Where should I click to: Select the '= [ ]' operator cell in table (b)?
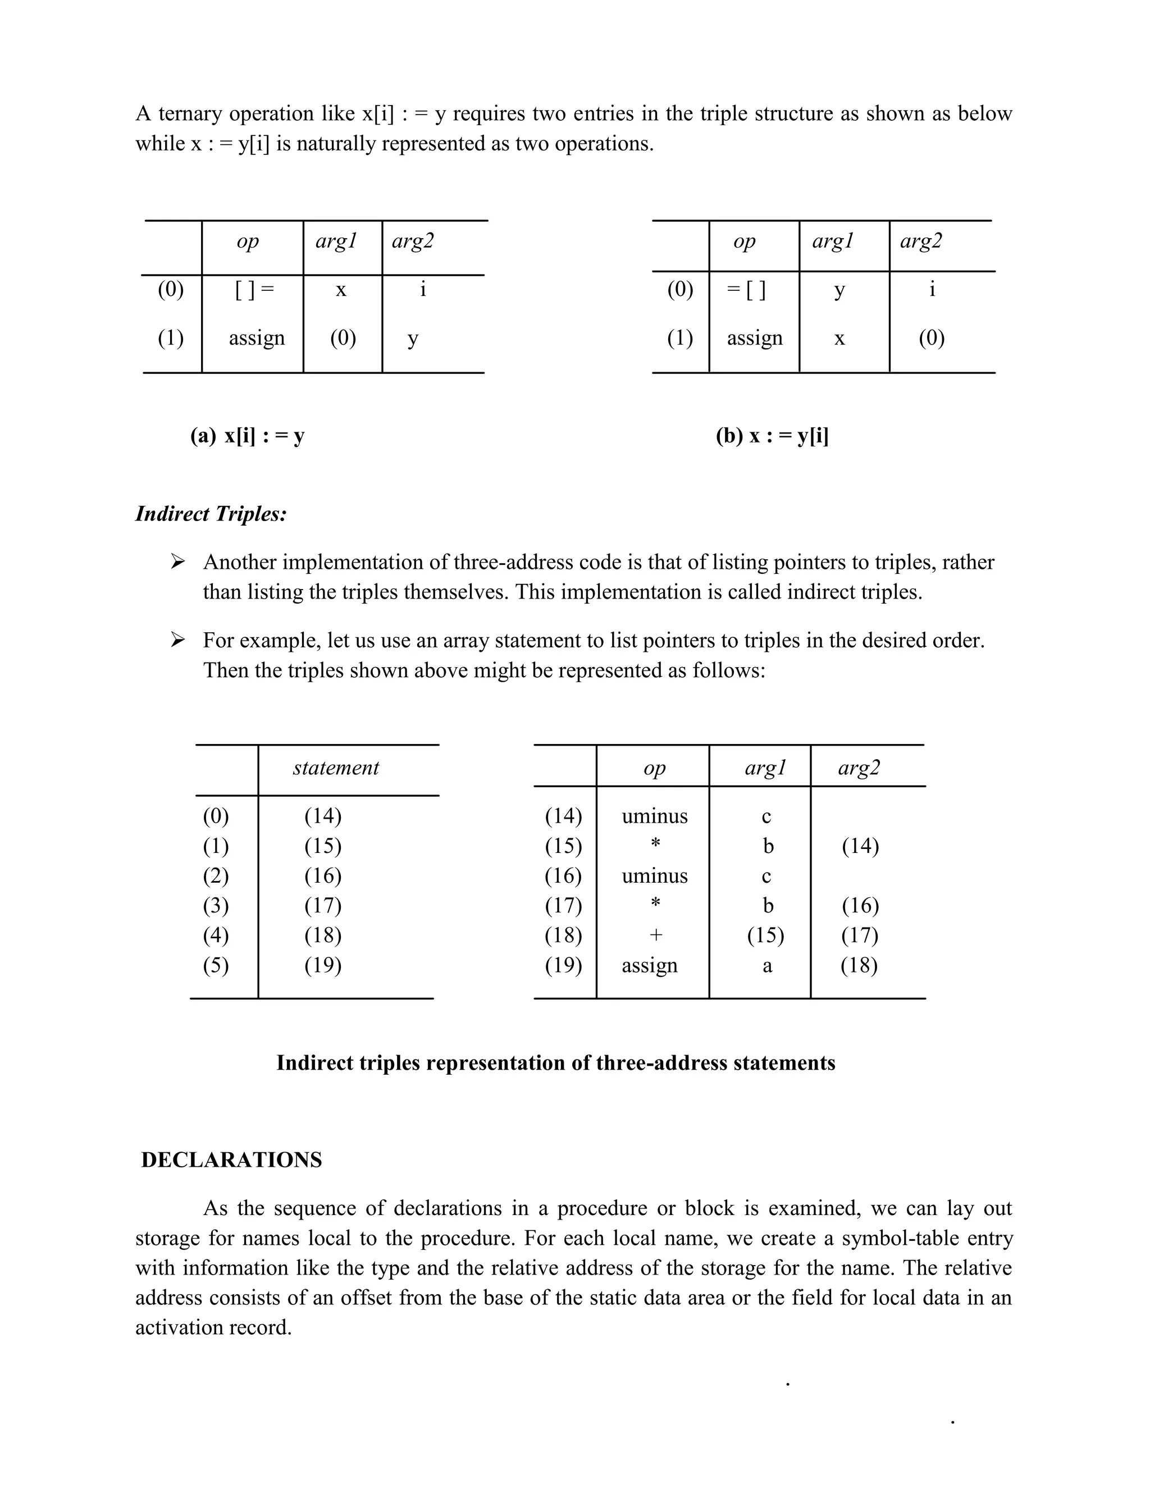tap(746, 290)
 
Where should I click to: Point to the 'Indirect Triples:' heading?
tap(211, 514)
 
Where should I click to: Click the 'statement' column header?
tap(336, 768)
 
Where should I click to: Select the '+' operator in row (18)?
tap(655, 935)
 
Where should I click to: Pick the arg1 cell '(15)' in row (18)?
tap(766, 935)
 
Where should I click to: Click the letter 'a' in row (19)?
tap(767, 965)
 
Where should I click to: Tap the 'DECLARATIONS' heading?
tap(232, 1160)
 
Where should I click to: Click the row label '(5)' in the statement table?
tap(216, 965)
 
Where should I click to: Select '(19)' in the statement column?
tap(323, 965)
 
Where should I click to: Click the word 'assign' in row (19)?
tap(649, 965)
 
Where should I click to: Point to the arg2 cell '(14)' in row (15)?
tap(860, 846)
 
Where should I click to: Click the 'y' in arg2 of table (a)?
tap(413, 339)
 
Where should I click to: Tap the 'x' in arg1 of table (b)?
tap(839, 339)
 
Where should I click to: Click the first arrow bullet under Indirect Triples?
tap(178, 562)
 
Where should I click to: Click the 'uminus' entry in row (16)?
tap(655, 875)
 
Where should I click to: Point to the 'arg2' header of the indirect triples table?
tap(859, 768)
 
